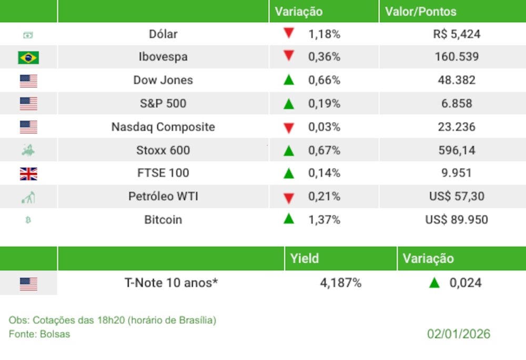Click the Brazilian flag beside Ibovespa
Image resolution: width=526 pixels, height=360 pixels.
pyautogui.click(x=28, y=57)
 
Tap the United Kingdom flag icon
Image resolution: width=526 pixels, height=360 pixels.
pyautogui.click(x=28, y=173)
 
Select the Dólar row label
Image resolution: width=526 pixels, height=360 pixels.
pyautogui.click(x=163, y=34)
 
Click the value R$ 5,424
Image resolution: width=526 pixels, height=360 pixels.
pyautogui.click(x=457, y=35)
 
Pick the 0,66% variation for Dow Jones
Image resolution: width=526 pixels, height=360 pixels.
pyautogui.click(x=325, y=80)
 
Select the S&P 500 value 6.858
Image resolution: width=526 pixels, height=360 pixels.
pyautogui.click(x=457, y=104)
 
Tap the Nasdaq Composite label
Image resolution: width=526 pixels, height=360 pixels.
pyautogui.click(x=163, y=127)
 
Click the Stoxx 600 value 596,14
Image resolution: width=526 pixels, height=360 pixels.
pyautogui.click(x=457, y=150)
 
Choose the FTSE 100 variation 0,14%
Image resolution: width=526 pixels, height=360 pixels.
pyautogui.click(x=325, y=173)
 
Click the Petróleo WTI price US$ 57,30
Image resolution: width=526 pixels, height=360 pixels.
pyautogui.click(x=457, y=197)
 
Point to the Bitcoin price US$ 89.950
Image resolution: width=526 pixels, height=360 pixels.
pyautogui.click(x=457, y=220)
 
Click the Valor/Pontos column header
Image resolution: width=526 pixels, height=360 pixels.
pyautogui.click(x=421, y=12)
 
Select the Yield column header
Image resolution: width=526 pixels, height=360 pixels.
pyautogui.click(x=305, y=259)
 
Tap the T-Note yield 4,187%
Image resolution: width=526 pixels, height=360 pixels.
pyautogui.click(x=341, y=283)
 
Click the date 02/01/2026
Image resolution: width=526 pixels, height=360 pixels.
pyautogui.click(x=459, y=334)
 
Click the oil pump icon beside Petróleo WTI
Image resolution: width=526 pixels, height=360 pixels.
pyautogui.click(x=28, y=197)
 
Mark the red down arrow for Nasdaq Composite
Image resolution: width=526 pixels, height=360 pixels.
pyautogui.click(x=288, y=127)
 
